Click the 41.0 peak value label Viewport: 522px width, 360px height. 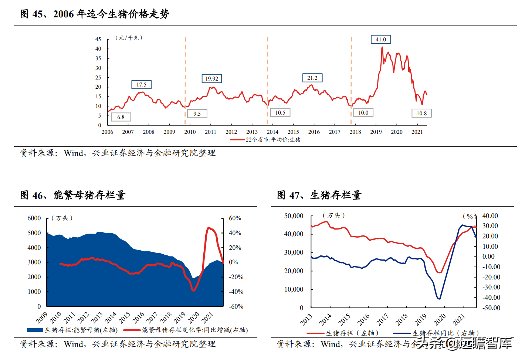tap(381, 40)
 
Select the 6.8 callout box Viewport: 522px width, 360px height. tap(121, 117)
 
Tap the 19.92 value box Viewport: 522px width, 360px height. tap(212, 78)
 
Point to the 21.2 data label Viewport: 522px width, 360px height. tap(312, 78)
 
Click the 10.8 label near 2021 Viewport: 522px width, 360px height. tap(421, 113)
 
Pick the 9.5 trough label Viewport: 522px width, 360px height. tap(197, 114)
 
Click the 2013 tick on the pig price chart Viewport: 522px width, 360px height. tap(252, 132)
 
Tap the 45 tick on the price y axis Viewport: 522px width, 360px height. tap(98, 39)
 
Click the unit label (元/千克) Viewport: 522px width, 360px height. tap(129, 38)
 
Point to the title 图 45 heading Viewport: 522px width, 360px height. tap(95, 14)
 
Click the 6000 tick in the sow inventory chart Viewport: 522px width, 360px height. tap(34, 218)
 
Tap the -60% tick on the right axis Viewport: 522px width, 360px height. tap(236, 306)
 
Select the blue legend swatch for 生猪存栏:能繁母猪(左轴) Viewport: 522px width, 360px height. tap(35, 330)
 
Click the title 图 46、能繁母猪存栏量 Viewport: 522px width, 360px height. tap(73, 195)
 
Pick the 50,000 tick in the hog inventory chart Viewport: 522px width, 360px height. tap(294, 216)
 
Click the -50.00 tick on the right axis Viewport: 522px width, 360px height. tap(491, 308)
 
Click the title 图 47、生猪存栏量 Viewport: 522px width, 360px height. tap(319, 195)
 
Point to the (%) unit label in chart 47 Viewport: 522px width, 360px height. tap(470, 216)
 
